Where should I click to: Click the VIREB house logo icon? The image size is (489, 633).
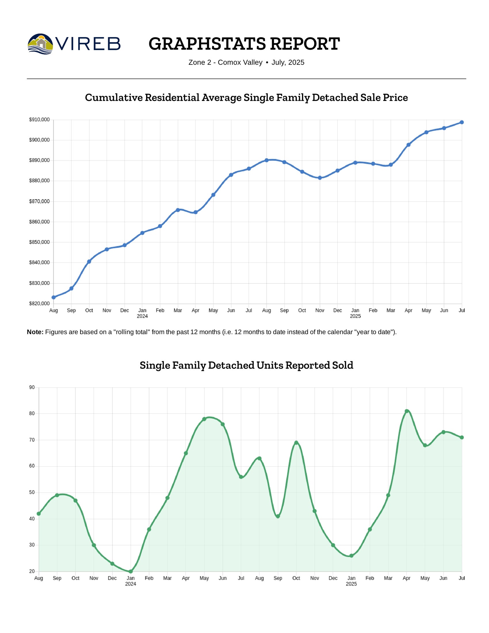click(41, 44)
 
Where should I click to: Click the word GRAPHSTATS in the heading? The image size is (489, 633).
click(207, 44)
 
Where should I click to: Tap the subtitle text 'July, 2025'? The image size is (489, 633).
click(288, 63)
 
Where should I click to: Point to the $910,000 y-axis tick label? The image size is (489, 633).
click(39, 120)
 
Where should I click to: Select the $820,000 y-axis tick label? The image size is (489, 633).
click(39, 304)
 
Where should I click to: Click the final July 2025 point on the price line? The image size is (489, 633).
click(462, 122)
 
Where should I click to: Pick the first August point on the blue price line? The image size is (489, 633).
click(54, 298)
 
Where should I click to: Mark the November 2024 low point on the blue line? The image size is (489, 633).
click(320, 178)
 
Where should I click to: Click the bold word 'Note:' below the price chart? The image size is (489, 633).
click(35, 332)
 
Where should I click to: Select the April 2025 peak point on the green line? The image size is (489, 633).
click(407, 411)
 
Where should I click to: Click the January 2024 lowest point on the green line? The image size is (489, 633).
click(131, 571)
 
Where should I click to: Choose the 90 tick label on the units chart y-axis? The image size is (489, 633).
click(32, 388)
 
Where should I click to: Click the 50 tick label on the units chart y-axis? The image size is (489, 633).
click(32, 492)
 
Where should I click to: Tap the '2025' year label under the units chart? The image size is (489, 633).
click(351, 584)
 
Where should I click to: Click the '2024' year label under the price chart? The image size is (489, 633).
click(142, 316)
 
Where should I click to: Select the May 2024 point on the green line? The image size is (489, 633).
click(204, 419)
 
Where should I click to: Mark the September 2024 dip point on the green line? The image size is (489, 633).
click(278, 516)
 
